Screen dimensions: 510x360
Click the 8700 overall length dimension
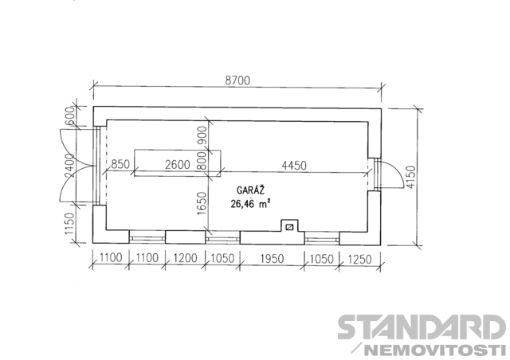(x=237, y=80)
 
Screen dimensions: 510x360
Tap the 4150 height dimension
(x=411, y=177)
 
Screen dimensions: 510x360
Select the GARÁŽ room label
(x=250, y=190)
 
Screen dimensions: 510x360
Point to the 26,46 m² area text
(x=250, y=204)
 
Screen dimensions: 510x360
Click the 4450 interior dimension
(x=294, y=166)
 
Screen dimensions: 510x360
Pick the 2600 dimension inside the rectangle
(x=177, y=165)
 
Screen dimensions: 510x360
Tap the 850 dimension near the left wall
(x=120, y=164)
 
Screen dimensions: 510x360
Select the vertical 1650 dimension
(x=202, y=203)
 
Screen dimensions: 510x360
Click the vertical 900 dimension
(x=202, y=135)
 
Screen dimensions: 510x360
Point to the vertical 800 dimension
(x=202, y=161)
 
